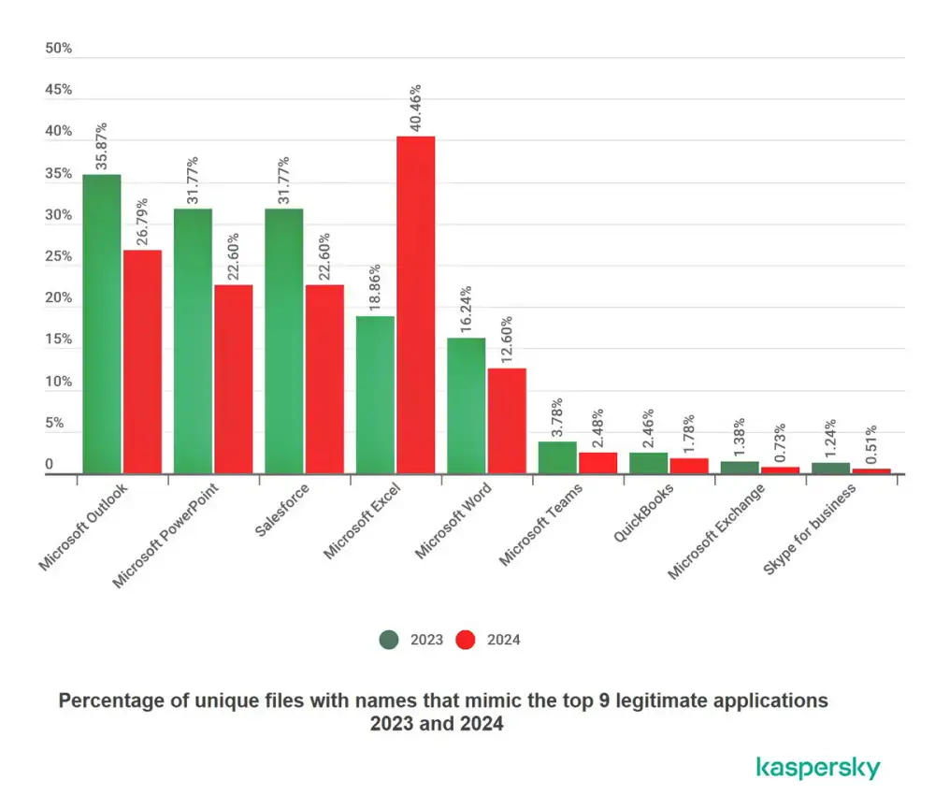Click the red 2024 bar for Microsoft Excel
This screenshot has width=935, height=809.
415,305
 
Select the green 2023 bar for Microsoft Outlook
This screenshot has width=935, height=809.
101,324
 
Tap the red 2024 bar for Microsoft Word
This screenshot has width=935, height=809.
507,421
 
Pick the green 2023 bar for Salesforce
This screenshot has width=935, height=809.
283,340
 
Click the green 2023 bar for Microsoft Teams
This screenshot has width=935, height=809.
557,457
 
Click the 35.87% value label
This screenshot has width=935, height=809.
101,147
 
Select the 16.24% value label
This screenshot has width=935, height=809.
467,311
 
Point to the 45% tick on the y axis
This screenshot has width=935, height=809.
59,90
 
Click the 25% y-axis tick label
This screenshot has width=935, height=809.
59,256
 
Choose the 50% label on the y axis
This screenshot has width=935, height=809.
59,48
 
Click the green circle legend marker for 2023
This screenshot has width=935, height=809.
388,640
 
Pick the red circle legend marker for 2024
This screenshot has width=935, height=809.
466,640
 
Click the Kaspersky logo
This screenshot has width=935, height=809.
817,768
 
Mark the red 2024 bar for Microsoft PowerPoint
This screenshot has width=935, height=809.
233,379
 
